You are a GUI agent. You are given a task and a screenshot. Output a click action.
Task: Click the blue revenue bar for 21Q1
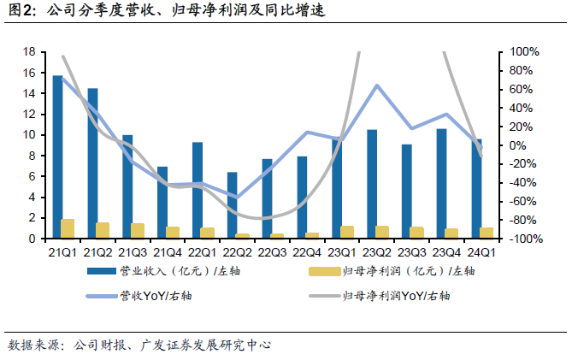coord(57,156)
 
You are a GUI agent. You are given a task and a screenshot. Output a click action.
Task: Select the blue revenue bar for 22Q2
coord(233,205)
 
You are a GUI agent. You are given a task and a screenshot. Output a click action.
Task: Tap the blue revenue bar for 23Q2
coord(372,184)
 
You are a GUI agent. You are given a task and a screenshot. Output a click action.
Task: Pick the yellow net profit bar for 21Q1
coord(68,228)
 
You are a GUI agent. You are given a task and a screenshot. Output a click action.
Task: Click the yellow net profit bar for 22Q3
coord(277,236)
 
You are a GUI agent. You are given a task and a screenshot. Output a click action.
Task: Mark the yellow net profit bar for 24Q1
coord(487,233)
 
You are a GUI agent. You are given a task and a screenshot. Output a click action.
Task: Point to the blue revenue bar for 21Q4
coord(162,203)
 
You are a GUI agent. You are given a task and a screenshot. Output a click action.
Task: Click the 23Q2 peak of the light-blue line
coord(377,86)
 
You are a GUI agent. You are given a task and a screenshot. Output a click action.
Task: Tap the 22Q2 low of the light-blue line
coord(237,198)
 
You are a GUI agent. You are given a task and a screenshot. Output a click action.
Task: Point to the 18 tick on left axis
coord(29,51)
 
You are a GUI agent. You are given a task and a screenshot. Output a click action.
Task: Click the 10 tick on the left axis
coord(29,135)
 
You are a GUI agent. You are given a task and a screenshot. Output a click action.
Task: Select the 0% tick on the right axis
coord(517,145)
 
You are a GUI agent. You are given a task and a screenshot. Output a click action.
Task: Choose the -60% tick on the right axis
coord(522,202)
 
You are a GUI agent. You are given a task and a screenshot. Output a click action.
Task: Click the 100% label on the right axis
coord(524,51)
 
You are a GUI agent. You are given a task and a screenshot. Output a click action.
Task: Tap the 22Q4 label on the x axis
coord(307,252)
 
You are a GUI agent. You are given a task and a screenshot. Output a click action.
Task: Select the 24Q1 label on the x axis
coord(481,252)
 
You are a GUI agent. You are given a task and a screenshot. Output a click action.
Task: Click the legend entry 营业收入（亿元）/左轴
coord(163,271)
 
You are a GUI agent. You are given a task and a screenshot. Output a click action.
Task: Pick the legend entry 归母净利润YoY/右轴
coord(380,296)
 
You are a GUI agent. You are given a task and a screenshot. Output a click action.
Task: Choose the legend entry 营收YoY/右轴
coord(139,296)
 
